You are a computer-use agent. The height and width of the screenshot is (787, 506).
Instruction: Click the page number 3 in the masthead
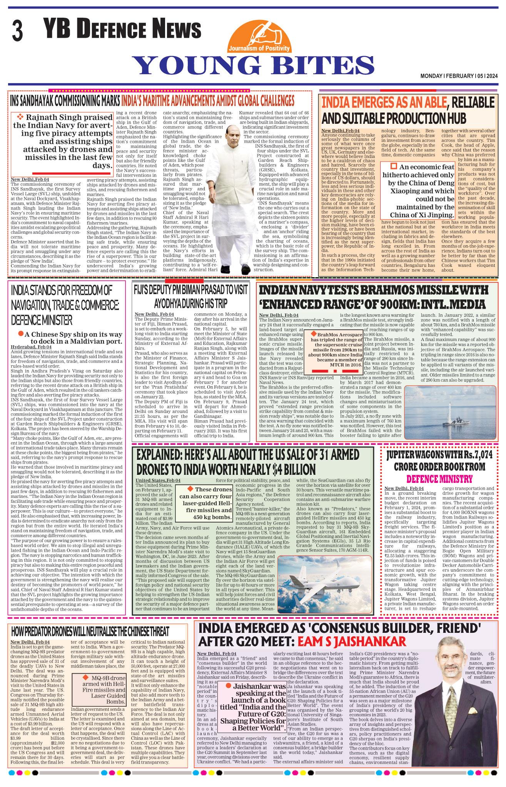click(x=17, y=31)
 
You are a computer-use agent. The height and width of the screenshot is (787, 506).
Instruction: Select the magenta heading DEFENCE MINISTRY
click(x=439, y=479)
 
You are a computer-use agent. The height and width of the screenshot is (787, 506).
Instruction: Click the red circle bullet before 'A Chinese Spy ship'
click(x=21, y=334)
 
